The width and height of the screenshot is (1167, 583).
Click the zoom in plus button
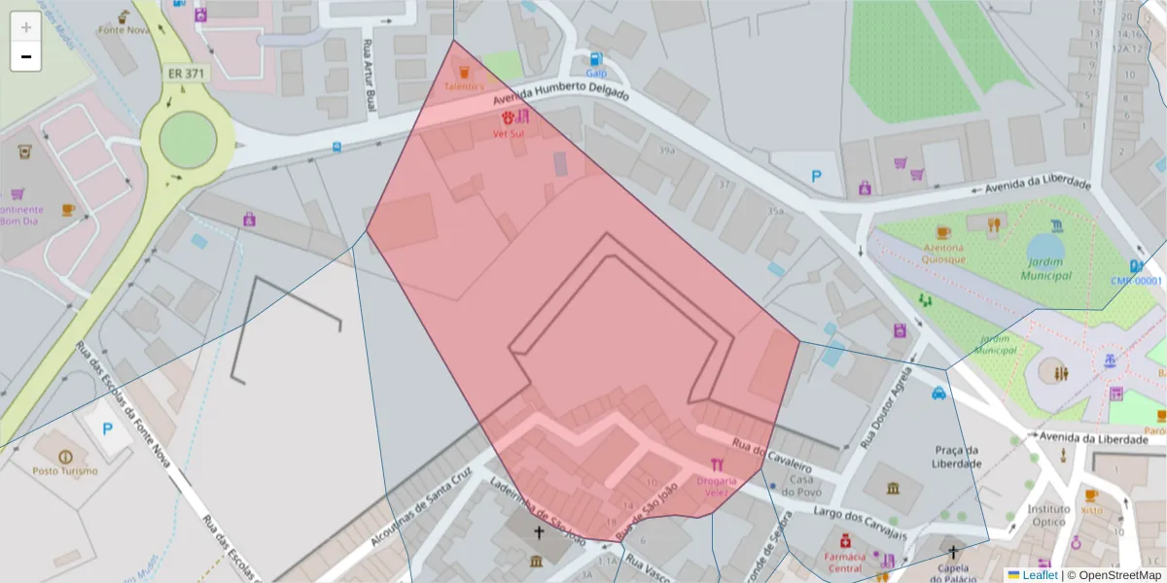click(26, 27)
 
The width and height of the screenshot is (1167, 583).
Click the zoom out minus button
click(26, 56)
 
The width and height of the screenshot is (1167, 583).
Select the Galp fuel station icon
click(595, 59)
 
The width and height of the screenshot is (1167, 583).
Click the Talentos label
click(464, 86)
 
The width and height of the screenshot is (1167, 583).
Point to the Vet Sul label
click(509, 133)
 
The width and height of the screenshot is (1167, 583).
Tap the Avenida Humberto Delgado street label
click(561, 93)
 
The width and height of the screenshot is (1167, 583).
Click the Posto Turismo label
click(65, 471)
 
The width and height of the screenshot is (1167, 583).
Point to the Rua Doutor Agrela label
click(881, 407)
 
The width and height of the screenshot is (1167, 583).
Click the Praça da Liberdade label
click(956, 456)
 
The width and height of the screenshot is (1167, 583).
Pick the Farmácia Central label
click(844, 562)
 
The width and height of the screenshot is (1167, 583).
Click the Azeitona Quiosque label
click(943, 254)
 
